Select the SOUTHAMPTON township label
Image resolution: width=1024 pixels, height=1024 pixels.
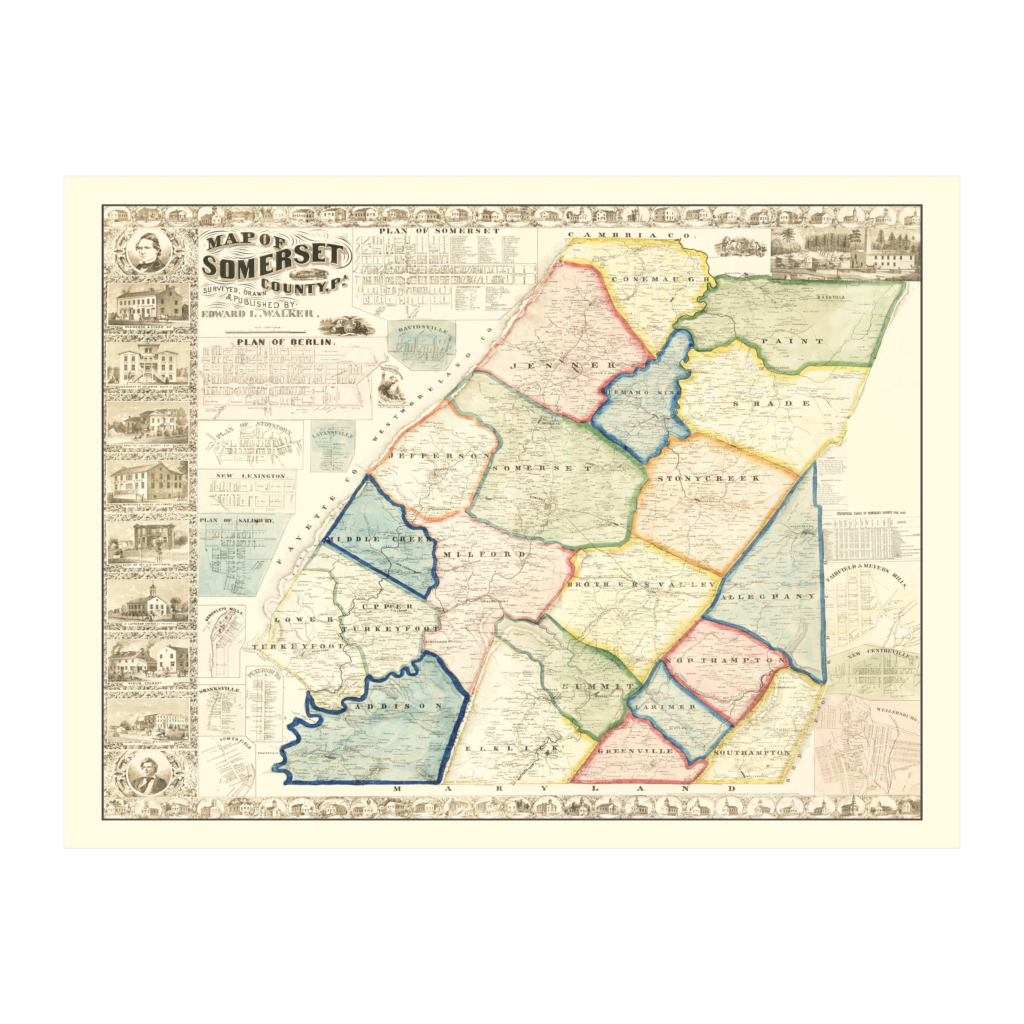(752, 753)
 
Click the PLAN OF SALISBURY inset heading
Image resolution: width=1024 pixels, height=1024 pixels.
(237, 520)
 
